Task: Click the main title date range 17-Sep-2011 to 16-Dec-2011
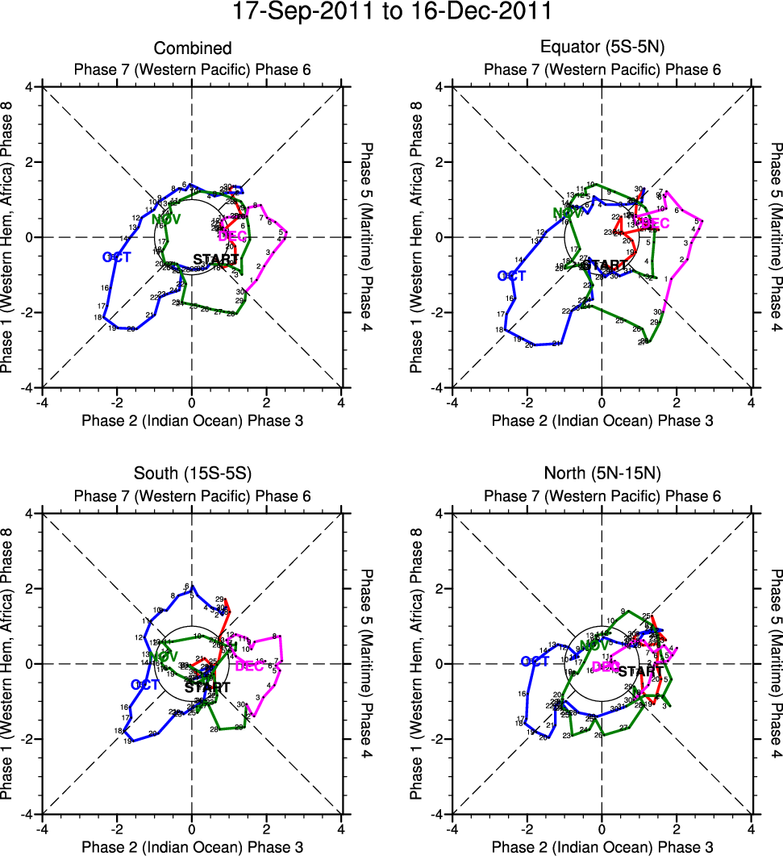[x=391, y=13]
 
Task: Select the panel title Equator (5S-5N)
[x=602, y=49]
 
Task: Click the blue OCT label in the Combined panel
[x=117, y=257]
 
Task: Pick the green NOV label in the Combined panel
[x=166, y=219]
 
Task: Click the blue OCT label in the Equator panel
[x=511, y=276]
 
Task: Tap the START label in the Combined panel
[x=216, y=260]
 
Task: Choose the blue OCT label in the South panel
[x=146, y=684]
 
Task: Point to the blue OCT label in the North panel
[x=535, y=662]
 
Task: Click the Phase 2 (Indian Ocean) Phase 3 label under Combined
[x=192, y=420]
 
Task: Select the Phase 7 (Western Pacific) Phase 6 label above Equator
[x=602, y=69]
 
